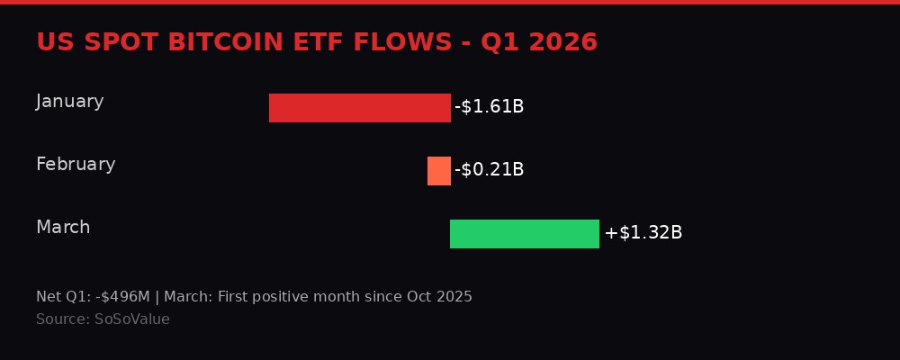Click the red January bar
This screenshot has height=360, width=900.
tap(360, 108)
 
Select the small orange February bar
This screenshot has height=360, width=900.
tap(438, 171)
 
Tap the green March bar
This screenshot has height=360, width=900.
tap(524, 234)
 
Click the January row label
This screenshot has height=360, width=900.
tap(70, 102)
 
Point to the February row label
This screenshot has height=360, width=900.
tap(76, 165)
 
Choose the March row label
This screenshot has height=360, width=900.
tap(63, 228)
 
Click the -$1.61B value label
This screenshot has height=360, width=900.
tap(489, 107)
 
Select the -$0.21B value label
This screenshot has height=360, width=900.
tap(489, 170)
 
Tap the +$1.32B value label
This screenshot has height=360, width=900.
tap(643, 233)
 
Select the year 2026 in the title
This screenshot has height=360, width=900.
tap(564, 42)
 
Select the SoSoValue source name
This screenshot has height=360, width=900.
tap(131, 319)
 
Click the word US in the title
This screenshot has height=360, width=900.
tap(53, 42)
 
